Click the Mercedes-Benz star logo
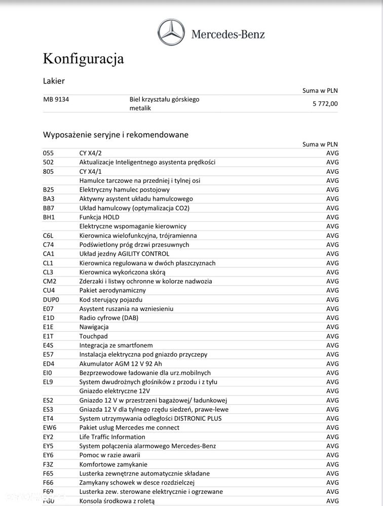(x=171, y=32)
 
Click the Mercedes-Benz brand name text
(x=227, y=34)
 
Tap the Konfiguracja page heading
(x=83, y=59)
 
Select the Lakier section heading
(x=54, y=81)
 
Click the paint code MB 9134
(x=56, y=99)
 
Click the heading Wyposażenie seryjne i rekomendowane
(x=116, y=135)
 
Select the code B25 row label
(x=49, y=190)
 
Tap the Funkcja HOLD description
(x=99, y=217)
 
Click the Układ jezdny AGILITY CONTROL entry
(x=124, y=254)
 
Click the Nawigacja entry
(x=94, y=327)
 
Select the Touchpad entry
(x=93, y=336)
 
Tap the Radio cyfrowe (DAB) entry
(x=108, y=318)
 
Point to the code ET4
(x=48, y=418)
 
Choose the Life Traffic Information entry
(x=112, y=437)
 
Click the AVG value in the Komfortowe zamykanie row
(x=332, y=464)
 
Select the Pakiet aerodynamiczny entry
(x=112, y=290)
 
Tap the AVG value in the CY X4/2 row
(x=332, y=153)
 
